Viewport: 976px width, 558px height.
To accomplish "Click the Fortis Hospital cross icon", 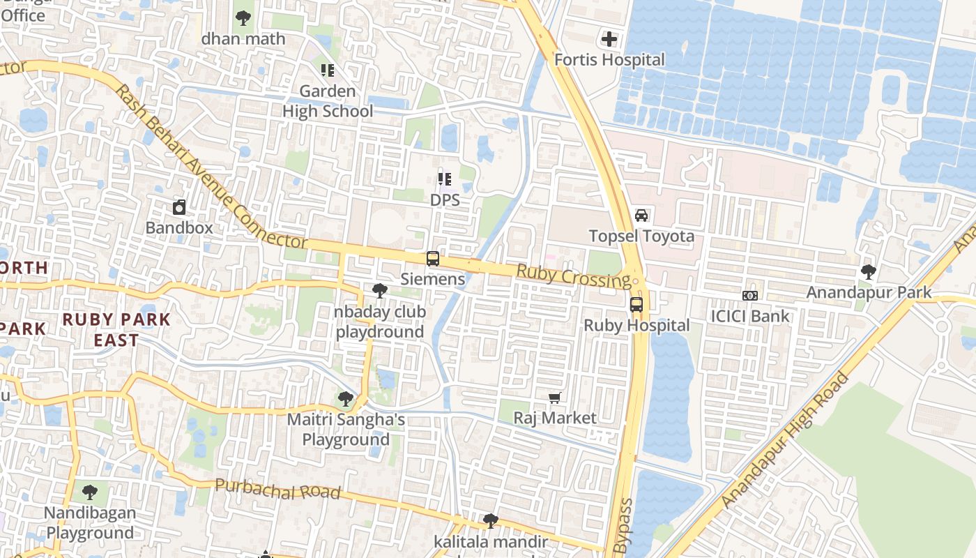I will coord(609,39).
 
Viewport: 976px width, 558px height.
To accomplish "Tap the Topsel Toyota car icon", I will coord(641,216).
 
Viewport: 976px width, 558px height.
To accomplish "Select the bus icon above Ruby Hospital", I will coord(636,304).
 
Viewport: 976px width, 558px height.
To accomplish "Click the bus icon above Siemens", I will coord(433,259).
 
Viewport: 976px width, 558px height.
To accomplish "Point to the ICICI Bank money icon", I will coord(750,296).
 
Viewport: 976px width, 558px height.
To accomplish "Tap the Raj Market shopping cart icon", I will coord(555,398).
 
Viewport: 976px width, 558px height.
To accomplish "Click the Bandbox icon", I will coord(179,207).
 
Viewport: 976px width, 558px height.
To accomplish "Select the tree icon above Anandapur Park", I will coord(869,271).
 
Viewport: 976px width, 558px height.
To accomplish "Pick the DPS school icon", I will coord(445,179).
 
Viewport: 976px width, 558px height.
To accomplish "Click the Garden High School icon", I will coord(328,70).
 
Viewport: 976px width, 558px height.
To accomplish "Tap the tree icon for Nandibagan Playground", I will coord(89,492).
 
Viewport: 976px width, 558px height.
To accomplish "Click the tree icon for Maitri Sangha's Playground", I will coord(345,399).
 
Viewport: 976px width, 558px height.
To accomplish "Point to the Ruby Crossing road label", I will coord(573,276).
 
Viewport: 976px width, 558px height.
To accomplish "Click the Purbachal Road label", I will coord(277,490).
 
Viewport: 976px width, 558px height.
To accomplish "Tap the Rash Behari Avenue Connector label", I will coord(209,167).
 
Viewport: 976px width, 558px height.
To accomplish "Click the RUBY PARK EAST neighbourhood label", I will coord(116,330).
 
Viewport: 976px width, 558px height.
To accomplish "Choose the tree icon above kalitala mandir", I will coord(491,521).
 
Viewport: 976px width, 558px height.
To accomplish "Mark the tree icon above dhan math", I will coord(243,18).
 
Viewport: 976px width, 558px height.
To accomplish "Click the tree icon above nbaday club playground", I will coord(380,290).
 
